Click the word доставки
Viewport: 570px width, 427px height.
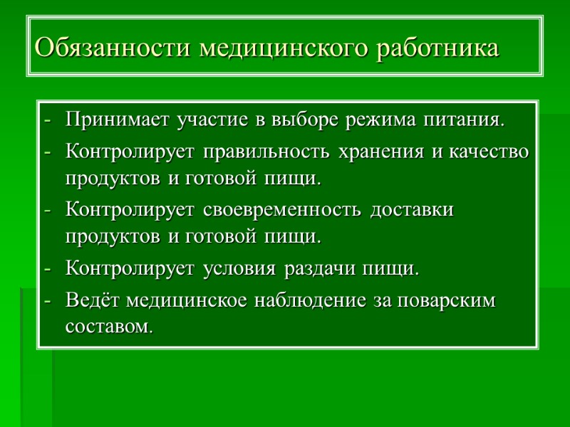[414, 211]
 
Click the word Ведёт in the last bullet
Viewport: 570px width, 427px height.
[93, 301]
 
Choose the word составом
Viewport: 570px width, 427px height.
[108, 327]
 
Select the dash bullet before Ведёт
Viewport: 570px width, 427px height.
[48, 302]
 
